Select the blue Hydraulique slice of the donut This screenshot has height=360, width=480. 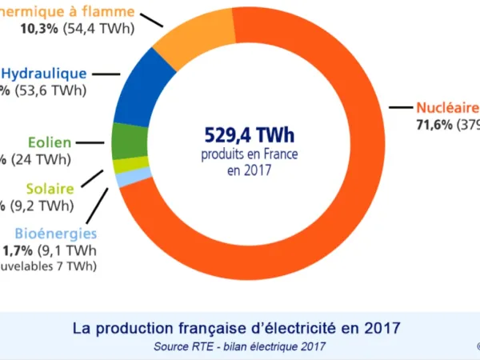coord(144,88)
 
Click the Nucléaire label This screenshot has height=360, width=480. coord(446,107)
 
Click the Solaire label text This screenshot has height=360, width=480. coord(50,189)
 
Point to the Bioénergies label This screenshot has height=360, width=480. coord(56,234)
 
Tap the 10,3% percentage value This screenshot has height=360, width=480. coord(35,29)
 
